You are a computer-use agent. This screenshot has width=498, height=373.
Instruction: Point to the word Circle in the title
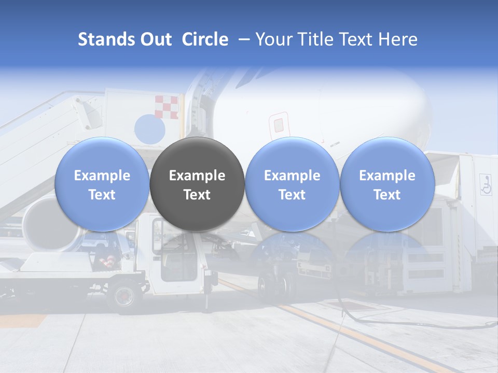point(205,39)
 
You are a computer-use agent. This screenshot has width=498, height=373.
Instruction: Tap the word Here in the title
point(398,39)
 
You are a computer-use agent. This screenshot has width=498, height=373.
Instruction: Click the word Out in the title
point(156,39)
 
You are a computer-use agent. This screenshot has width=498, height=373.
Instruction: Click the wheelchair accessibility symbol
point(486,184)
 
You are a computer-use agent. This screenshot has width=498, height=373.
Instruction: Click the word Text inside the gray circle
point(197,195)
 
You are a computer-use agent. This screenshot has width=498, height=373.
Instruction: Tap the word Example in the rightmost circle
point(387,176)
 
